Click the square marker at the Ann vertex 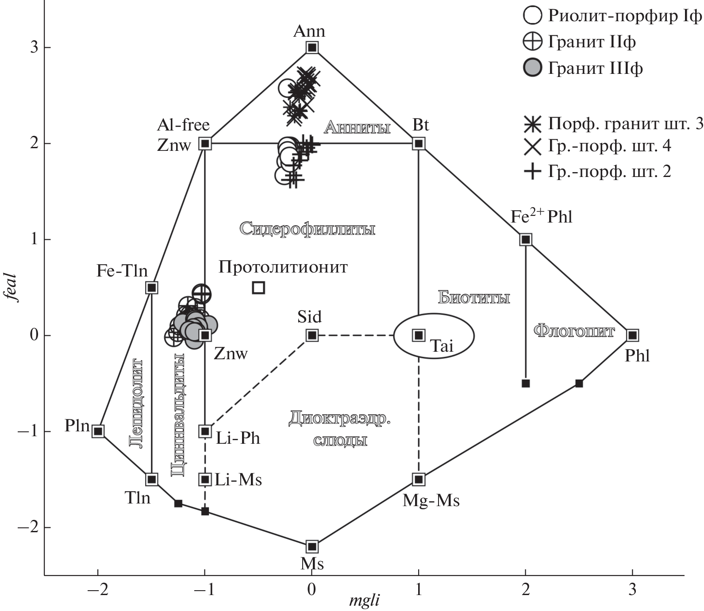[312, 47]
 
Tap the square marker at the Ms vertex [312, 546]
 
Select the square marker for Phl [633, 335]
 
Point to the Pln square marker [98, 431]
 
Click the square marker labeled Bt [419, 143]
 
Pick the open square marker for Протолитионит [258, 288]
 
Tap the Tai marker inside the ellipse [419, 335]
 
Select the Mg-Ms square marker [419, 479]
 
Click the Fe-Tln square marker [152, 288]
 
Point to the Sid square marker [312, 335]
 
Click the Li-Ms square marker [205, 479]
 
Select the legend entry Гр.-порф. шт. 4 [597, 146]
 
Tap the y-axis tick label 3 [34, 47]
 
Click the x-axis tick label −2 [97, 590]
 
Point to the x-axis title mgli [364, 601]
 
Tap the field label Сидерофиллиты [308, 229]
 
